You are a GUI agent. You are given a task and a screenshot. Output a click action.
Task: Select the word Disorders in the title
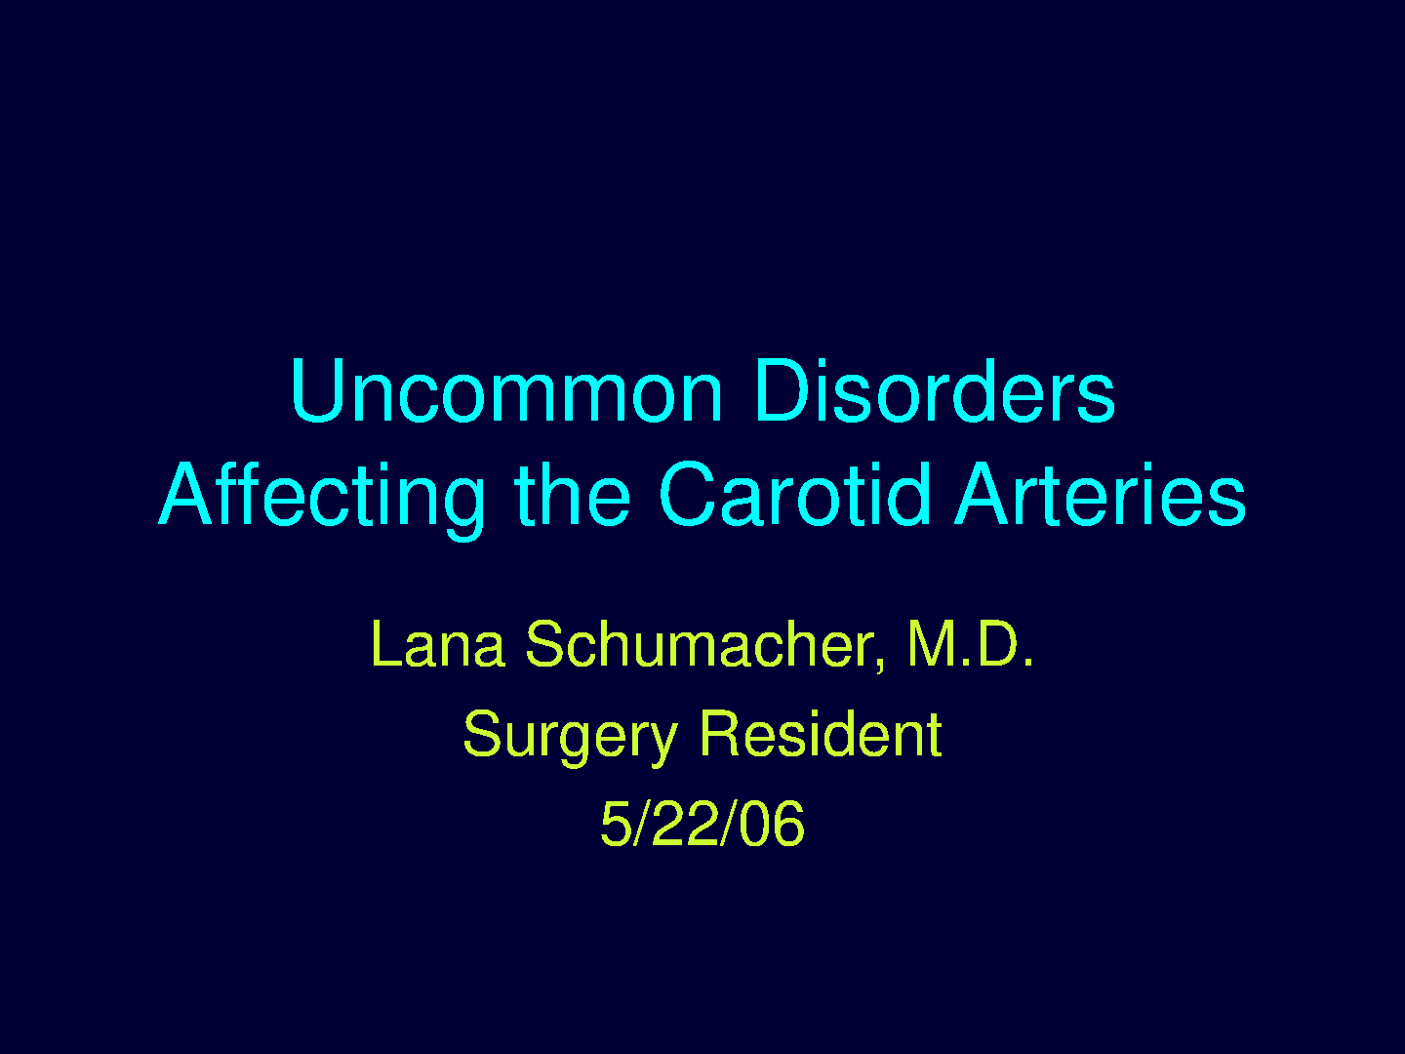(x=936, y=391)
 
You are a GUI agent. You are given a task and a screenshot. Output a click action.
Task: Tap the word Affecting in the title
(x=322, y=499)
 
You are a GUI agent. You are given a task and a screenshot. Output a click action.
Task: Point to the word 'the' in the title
(x=572, y=496)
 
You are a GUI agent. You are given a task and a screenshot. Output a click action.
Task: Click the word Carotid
(x=794, y=494)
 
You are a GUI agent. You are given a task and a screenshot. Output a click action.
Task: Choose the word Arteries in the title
(x=1101, y=494)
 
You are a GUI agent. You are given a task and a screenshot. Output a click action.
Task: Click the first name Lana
(x=438, y=644)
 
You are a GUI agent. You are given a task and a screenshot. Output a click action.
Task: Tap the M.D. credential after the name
(x=971, y=644)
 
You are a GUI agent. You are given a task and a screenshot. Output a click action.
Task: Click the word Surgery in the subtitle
(x=570, y=737)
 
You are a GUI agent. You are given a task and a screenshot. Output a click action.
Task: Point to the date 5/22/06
(x=702, y=824)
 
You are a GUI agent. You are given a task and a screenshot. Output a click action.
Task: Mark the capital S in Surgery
(x=483, y=733)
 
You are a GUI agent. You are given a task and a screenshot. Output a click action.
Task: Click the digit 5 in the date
(x=616, y=825)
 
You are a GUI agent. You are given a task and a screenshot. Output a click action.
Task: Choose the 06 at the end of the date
(x=772, y=824)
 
